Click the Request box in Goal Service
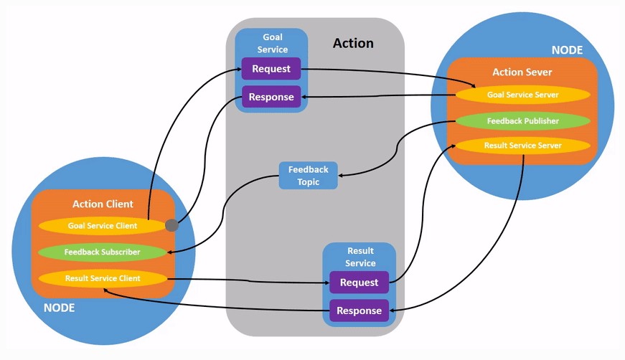point(271,69)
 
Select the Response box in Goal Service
point(271,97)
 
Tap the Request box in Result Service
point(359,283)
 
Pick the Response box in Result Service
point(359,311)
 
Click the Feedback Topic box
point(308,176)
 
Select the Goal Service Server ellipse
point(523,95)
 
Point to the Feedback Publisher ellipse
point(523,121)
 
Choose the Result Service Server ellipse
point(523,146)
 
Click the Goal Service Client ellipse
point(102,225)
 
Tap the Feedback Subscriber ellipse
point(102,252)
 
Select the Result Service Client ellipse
point(102,278)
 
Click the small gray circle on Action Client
point(172,225)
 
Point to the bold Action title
point(353,44)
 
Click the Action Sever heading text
point(522,72)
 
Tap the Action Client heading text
point(103,204)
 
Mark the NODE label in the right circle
point(567,50)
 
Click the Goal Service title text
point(272,43)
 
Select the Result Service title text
point(360,257)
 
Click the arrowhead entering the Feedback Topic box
point(341,174)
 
